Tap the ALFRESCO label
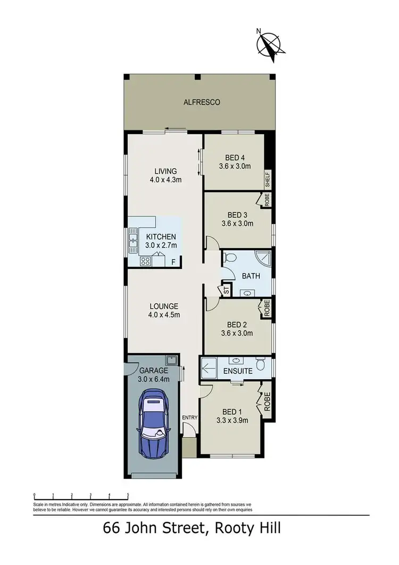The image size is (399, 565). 202,102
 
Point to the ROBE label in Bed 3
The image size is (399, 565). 267,200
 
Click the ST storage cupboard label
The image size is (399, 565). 226,291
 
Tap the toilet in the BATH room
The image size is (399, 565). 230,257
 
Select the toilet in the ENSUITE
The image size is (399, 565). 260,365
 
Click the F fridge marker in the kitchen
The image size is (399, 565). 173,262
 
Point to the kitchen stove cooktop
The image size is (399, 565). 145,261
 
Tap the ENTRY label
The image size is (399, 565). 189,417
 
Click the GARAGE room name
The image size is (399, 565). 154,371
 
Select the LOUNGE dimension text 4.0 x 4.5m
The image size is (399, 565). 164,315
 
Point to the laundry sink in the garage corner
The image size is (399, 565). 170,359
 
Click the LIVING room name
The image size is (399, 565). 165,171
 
